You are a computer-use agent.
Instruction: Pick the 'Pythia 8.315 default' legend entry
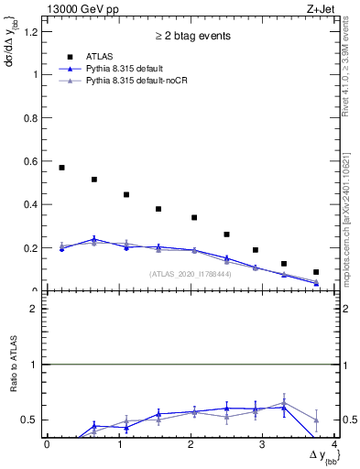(129, 70)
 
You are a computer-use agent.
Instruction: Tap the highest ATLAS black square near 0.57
(61, 168)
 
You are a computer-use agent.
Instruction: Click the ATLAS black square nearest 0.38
(158, 209)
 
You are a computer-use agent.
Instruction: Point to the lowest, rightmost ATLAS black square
(316, 272)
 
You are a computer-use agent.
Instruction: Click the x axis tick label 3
(262, 445)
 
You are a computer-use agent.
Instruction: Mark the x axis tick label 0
(47, 445)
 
